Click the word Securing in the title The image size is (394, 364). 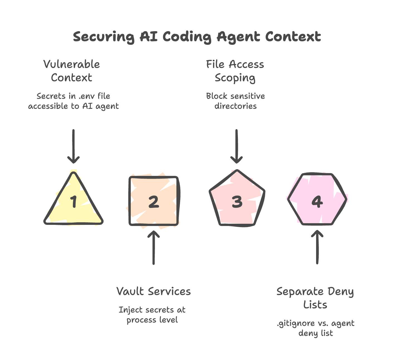(104, 37)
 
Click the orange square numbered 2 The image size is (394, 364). (154, 201)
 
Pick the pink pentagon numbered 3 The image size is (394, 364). (237, 201)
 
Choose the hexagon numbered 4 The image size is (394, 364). (317, 201)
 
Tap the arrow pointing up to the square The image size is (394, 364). (154, 247)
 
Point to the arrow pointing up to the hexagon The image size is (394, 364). (317, 247)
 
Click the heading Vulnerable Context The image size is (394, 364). (72, 71)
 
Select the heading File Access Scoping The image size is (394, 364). (235, 71)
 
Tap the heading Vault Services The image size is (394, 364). (154, 291)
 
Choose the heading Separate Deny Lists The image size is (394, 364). (315, 298)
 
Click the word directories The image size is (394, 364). (235, 106)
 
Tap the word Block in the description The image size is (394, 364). (215, 96)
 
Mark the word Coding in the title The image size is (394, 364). (187, 37)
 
